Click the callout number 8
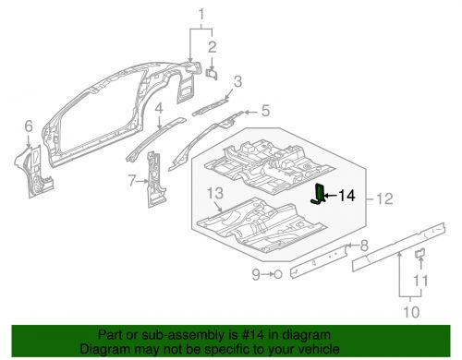[363, 245]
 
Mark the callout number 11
[419, 281]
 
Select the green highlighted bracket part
[320, 195]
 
